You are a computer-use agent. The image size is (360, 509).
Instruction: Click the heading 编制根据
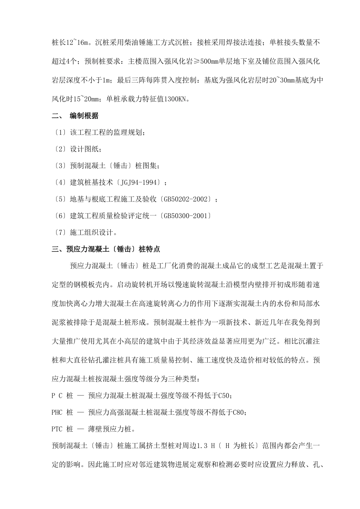(x=84, y=116)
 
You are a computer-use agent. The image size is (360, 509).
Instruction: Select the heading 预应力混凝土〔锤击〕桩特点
(x=113, y=249)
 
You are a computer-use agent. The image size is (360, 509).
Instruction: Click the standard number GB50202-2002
(x=188, y=199)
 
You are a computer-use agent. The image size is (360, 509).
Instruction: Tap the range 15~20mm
(x=83, y=99)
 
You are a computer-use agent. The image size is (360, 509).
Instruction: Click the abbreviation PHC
(x=57, y=412)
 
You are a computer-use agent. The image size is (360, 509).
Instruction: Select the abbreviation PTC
(x=57, y=429)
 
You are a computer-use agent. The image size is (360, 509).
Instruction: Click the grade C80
(x=238, y=412)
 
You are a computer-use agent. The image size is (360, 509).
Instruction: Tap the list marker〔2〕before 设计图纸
(x=59, y=149)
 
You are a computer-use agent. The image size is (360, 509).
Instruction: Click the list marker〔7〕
(x=59, y=233)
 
